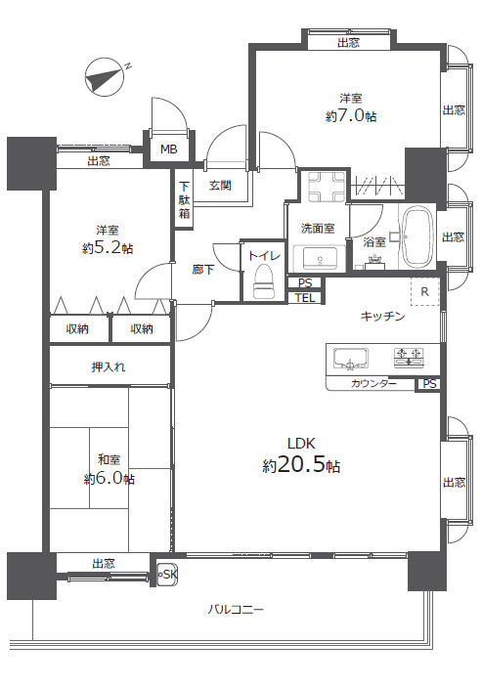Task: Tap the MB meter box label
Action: (168, 150)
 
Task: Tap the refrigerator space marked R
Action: (424, 291)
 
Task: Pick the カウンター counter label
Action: (374, 384)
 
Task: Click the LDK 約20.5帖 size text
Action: (301, 456)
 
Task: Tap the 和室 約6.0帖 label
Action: (109, 469)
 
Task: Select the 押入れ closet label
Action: (109, 366)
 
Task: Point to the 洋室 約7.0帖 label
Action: (351, 107)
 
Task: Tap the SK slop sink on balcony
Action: (167, 575)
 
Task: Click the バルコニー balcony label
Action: (235, 609)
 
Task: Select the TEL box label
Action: (306, 297)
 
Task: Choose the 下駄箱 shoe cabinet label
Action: (184, 200)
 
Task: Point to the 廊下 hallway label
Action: (202, 268)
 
